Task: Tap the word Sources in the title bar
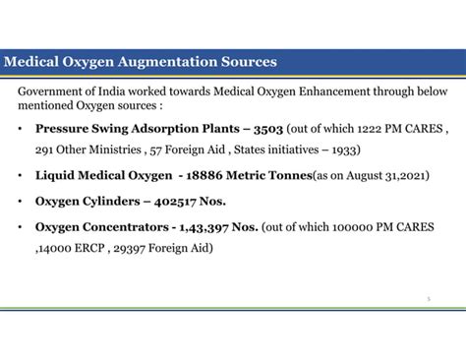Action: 247,62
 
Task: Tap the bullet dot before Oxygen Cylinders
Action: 22,201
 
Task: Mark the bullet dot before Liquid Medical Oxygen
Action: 22,176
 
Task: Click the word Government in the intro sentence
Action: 50,90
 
